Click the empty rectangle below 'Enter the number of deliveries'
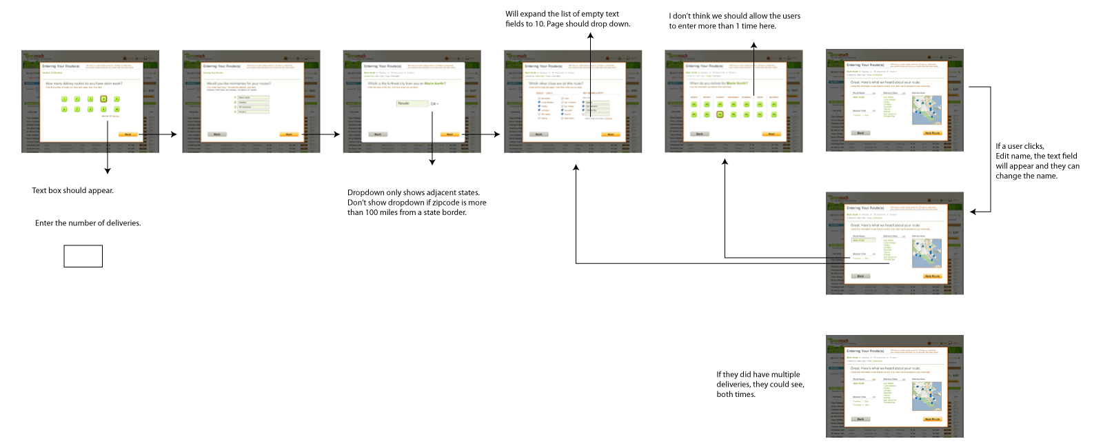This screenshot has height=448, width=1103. click(83, 256)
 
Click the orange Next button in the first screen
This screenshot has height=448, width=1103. click(128, 134)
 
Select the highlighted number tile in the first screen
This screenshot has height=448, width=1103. click(103, 99)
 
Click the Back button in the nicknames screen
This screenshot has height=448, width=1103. click(217, 134)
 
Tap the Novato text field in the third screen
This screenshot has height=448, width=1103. click(412, 103)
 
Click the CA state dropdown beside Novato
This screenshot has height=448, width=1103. click(434, 104)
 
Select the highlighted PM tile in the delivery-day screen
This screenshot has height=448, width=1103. click(720, 114)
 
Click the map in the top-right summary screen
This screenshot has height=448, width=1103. click(927, 110)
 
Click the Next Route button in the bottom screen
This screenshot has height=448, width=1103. click(932, 419)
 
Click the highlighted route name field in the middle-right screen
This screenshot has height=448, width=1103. click(863, 240)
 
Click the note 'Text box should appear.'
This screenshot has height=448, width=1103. click(72, 191)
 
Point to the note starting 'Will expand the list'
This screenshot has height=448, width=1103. click(567, 19)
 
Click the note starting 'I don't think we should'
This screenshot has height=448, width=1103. click(734, 21)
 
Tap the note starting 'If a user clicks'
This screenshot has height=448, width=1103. click(1037, 161)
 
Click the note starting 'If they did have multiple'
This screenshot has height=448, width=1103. click(760, 385)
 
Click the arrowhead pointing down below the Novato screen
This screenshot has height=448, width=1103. click(432, 163)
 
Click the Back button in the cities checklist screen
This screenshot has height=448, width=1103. click(539, 134)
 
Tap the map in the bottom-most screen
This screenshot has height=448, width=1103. click(927, 396)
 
